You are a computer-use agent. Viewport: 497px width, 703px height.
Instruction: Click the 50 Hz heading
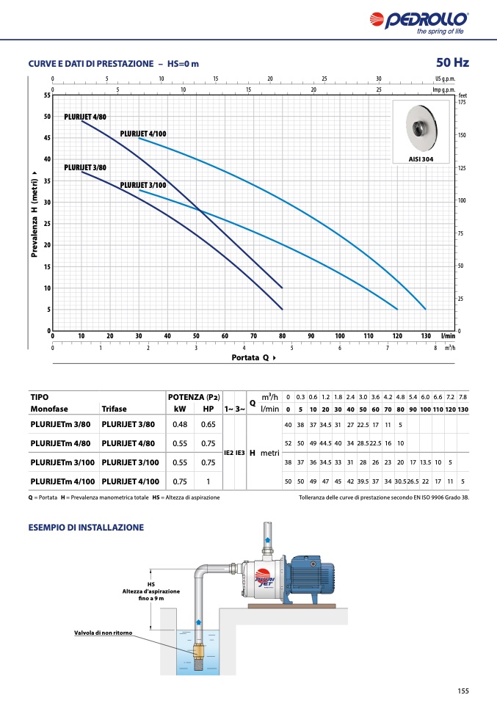coord(452,62)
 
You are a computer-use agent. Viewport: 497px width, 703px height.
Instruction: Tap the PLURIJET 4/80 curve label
coord(85,117)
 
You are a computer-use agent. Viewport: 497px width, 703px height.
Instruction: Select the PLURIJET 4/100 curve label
coord(143,134)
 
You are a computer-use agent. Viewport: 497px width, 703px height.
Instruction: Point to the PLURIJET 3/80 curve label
coord(85,168)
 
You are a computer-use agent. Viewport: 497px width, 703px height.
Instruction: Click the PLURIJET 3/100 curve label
coord(143,185)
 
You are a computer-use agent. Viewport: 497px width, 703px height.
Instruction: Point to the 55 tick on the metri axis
coord(48,95)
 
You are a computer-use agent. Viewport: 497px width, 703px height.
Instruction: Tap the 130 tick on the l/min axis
coord(426,335)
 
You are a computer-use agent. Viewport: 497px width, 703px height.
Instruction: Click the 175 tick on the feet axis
coord(462,103)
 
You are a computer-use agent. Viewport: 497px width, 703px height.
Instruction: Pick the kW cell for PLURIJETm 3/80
coord(180,424)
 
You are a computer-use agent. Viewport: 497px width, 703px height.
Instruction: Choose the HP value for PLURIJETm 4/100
coord(208,481)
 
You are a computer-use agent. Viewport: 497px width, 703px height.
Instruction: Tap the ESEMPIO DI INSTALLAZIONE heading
coord(86,527)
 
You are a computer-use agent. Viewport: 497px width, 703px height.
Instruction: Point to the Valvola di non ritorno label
coord(104,633)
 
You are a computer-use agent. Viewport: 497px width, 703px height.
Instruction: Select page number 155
coord(462,690)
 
